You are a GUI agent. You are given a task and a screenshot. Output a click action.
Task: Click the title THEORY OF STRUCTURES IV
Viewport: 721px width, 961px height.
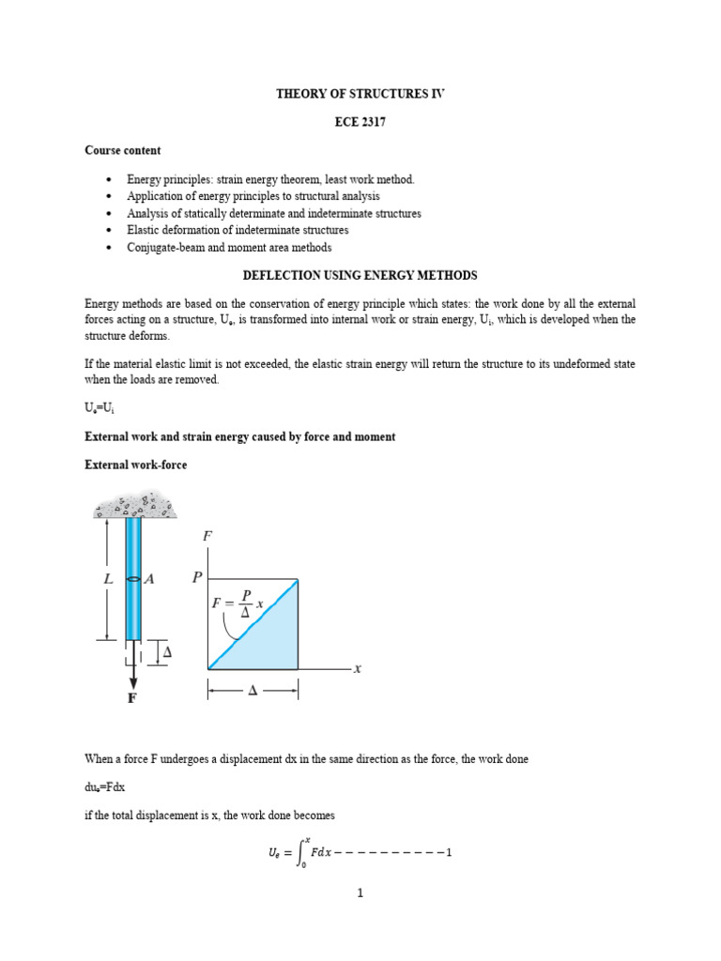point(360,95)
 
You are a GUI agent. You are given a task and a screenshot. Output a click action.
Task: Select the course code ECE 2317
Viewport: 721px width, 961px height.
point(360,123)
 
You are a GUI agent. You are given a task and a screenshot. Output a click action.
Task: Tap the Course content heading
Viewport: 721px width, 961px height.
point(122,150)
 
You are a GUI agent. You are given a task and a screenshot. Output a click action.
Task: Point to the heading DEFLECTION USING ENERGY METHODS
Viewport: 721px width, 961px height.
point(360,275)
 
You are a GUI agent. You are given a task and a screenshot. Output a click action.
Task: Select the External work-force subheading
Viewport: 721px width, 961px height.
point(135,465)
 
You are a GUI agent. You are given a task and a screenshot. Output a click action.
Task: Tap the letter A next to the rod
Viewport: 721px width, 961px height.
point(149,580)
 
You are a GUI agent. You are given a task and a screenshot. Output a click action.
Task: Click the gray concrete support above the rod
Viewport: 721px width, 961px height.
point(135,508)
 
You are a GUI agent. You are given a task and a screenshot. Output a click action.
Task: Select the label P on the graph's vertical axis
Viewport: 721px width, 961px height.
point(196,578)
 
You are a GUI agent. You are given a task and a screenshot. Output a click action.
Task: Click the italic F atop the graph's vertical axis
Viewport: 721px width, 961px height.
point(207,537)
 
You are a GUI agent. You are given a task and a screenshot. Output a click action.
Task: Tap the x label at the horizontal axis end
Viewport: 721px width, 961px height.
point(357,669)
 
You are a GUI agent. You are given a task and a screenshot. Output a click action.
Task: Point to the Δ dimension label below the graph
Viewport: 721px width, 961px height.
point(252,692)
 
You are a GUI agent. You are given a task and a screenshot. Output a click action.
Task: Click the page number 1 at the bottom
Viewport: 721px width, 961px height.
point(360,893)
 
